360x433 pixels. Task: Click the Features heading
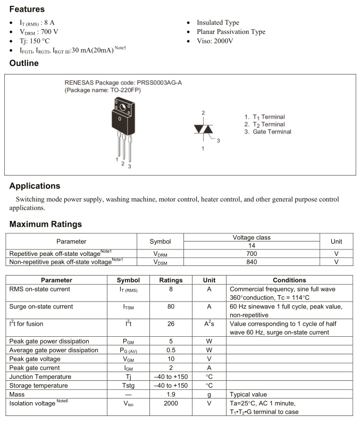(27, 9)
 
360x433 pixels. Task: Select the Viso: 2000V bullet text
(215, 41)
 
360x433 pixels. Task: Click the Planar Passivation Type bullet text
(231, 32)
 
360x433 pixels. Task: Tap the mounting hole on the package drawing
(122, 109)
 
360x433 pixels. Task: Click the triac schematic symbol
(203, 129)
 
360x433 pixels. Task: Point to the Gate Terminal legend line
(268, 132)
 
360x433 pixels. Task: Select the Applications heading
(35, 186)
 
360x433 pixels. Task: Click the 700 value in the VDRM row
(253, 254)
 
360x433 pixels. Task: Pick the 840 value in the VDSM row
(253, 262)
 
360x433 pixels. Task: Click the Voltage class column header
(252, 237)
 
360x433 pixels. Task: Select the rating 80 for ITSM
(171, 307)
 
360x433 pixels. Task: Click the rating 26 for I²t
(171, 324)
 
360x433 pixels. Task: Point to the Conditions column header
(289, 280)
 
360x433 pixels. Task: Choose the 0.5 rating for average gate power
(171, 350)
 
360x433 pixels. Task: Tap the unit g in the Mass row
(209, 395)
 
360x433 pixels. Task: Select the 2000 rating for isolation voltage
(171, 403)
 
